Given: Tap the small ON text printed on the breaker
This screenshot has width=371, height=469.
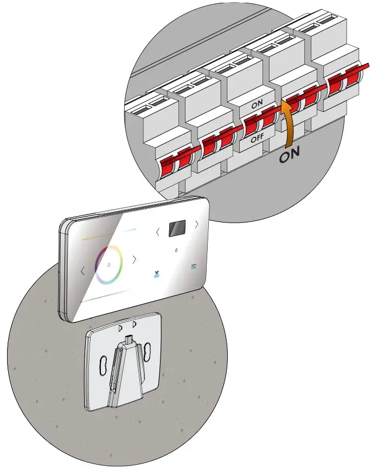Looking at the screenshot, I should (257, 103).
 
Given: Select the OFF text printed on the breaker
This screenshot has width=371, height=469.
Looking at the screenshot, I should (257, 137).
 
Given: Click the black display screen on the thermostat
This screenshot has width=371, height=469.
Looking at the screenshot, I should (177, 229).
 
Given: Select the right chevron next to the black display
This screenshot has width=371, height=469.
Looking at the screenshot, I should (196, 224).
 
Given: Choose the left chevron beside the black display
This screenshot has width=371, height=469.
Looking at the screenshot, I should (158, 232).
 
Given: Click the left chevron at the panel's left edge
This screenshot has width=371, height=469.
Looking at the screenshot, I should (82, 271).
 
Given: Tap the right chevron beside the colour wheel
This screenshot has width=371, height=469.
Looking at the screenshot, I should (135, 259).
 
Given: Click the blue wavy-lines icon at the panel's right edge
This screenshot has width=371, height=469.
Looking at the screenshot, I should (193, 267).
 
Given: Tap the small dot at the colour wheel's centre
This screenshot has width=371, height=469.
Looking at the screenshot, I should (109, 265).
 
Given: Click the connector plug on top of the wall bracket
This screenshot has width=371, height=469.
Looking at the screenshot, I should (129, 339).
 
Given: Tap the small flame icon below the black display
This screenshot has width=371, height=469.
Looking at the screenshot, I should (176, 250).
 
